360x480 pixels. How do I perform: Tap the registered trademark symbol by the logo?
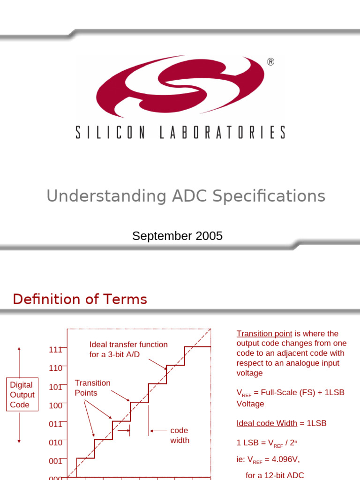click(x=270, y=62)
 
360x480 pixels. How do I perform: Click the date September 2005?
click(x=177, y=236)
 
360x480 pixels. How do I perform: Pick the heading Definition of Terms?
click(x=80, y=299)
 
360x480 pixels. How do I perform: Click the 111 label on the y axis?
click(x=55, y=350)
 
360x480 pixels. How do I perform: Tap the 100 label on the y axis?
click(x=55, y=405)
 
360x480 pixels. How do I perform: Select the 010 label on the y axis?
click(x=55, y=442)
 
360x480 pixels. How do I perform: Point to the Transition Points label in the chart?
click(x=92, y=388)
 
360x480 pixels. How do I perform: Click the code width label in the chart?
click(x=180, y=435)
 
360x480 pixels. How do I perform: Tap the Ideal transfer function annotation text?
click(x=128, y=349)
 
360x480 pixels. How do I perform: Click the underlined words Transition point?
click(x=264, y=334)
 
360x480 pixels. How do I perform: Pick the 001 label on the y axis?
click(x=55, y=461)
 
